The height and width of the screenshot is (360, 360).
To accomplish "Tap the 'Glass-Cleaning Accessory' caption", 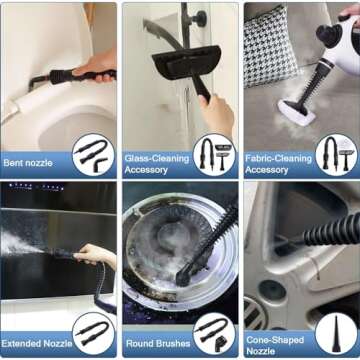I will click(156, 163).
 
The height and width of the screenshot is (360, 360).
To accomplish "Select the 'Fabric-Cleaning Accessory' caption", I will click(278, 163).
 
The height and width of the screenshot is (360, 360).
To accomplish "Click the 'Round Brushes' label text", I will click(156, 342).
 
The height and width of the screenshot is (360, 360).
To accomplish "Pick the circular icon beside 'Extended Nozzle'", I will click(93, 333).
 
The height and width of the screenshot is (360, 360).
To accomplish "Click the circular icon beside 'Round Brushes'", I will click(213, 333).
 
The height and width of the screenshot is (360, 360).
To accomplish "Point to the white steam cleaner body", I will click(336, 40).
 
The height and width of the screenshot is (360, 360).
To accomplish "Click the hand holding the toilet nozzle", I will click(98, 67).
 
